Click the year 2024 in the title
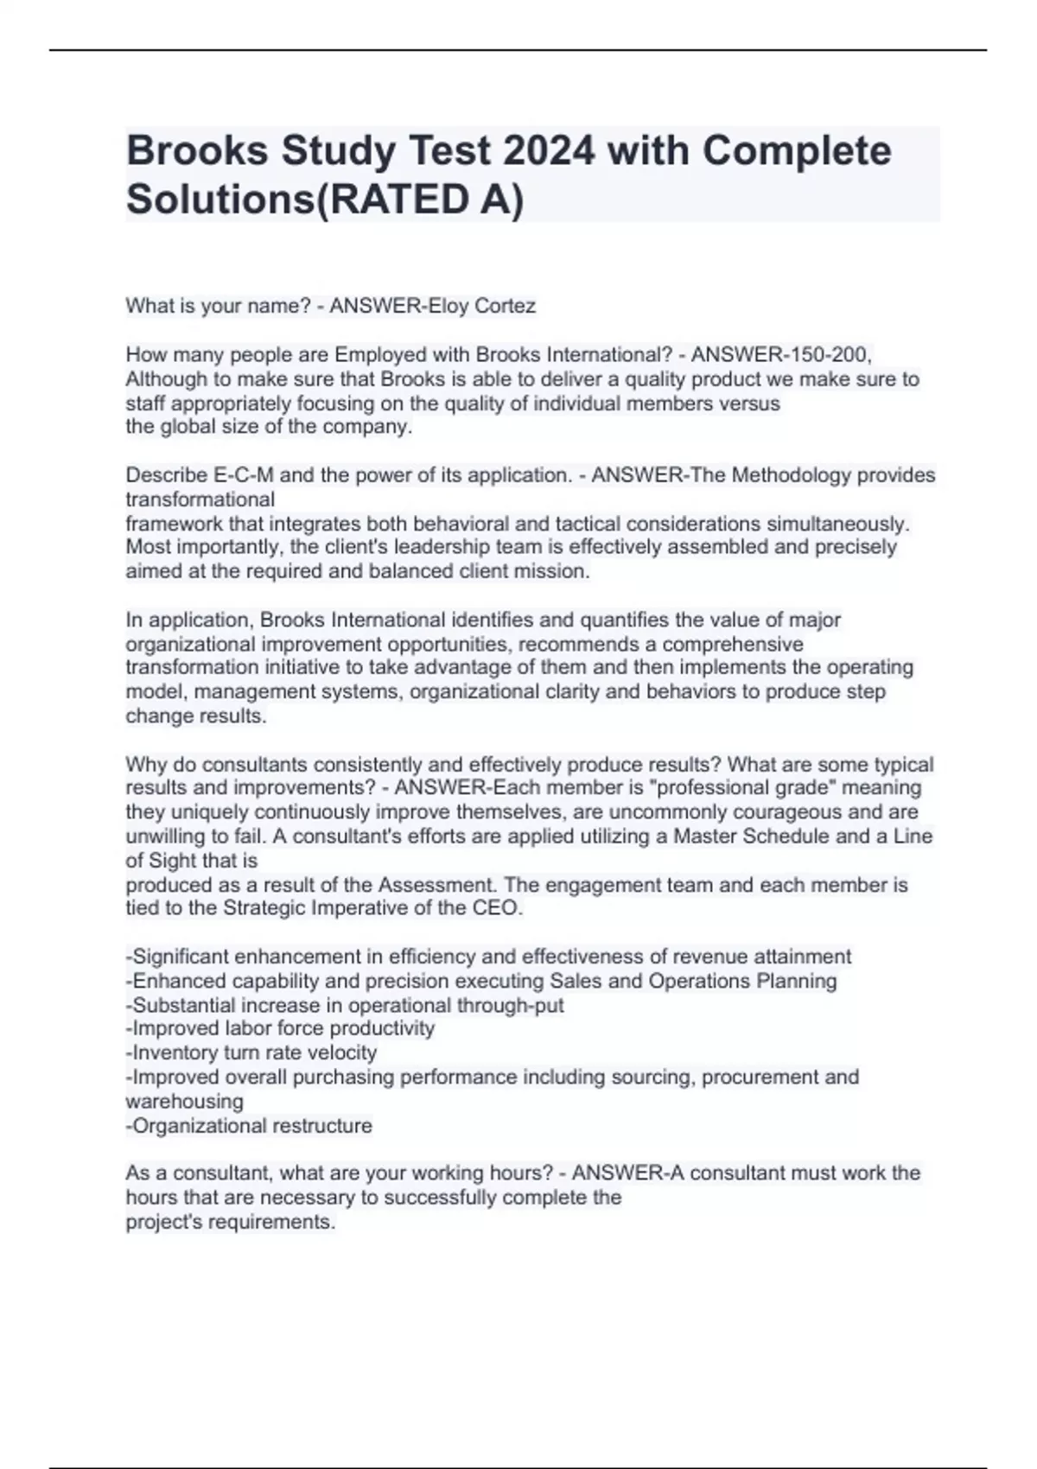point(550,151)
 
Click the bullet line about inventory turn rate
point(251,1052)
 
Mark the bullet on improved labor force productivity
point(280,1028)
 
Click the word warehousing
point(185,1102)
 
